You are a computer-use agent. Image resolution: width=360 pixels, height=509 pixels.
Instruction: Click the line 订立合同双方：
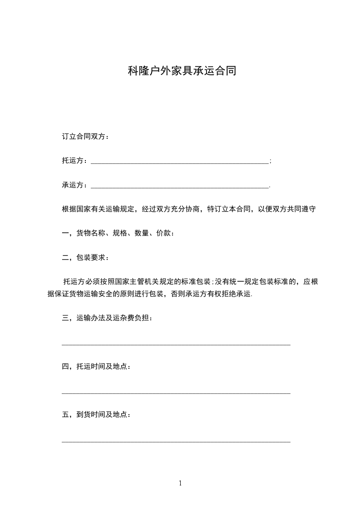85,137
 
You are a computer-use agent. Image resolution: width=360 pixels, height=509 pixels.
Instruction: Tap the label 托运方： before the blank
76,161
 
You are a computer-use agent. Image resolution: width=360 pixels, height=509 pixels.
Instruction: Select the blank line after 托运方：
180,162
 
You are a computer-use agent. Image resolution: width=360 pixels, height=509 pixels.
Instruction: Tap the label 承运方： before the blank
76,185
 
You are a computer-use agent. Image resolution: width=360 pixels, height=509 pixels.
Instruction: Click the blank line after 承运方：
180,186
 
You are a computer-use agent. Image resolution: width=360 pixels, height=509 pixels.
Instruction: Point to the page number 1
180,483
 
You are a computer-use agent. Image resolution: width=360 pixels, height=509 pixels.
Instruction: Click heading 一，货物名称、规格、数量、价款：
118,234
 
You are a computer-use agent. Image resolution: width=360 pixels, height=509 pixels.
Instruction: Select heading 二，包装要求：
85,258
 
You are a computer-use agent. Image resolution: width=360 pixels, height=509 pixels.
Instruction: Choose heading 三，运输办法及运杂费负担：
107,318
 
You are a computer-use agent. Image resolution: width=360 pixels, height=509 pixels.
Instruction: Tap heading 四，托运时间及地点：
96,366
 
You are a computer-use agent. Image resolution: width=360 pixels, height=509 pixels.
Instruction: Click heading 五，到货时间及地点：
96,415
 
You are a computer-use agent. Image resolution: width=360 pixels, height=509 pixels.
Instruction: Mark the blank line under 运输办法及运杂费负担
176,344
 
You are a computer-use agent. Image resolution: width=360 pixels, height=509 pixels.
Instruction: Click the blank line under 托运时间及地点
176,393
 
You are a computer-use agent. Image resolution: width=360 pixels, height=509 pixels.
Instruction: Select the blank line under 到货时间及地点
176,441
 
